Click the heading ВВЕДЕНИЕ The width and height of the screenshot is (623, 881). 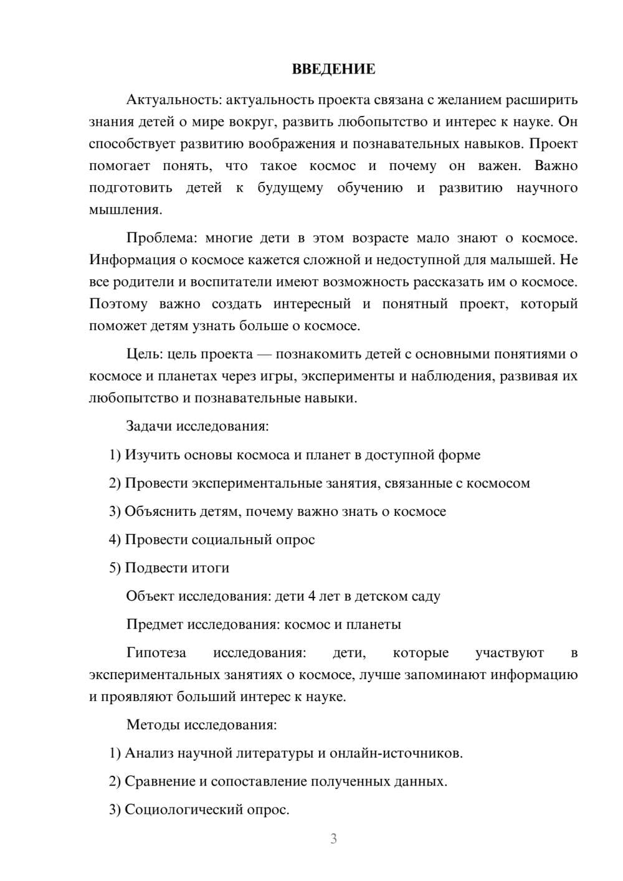pyautogui.click(x=333, y=69)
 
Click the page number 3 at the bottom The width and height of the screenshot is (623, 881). pyautogui.click(x=333, y=839)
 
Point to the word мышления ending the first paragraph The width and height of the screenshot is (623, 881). pyautogui.click(x=125, y=210)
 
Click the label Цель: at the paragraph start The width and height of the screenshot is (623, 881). pyautogui.click(x=144, y=355)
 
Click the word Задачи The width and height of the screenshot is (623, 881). pyautogui.click(x=149, y=426)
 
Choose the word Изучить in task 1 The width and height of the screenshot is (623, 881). pyautogui.click(x=150, y=455)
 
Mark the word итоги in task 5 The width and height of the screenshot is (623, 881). pyautogui.click(x=211, y=568)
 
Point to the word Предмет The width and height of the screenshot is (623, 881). pyautogui.click(x=155, y=624)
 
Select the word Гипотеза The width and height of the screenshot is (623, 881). pyautogui.click(x=156, y=653)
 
